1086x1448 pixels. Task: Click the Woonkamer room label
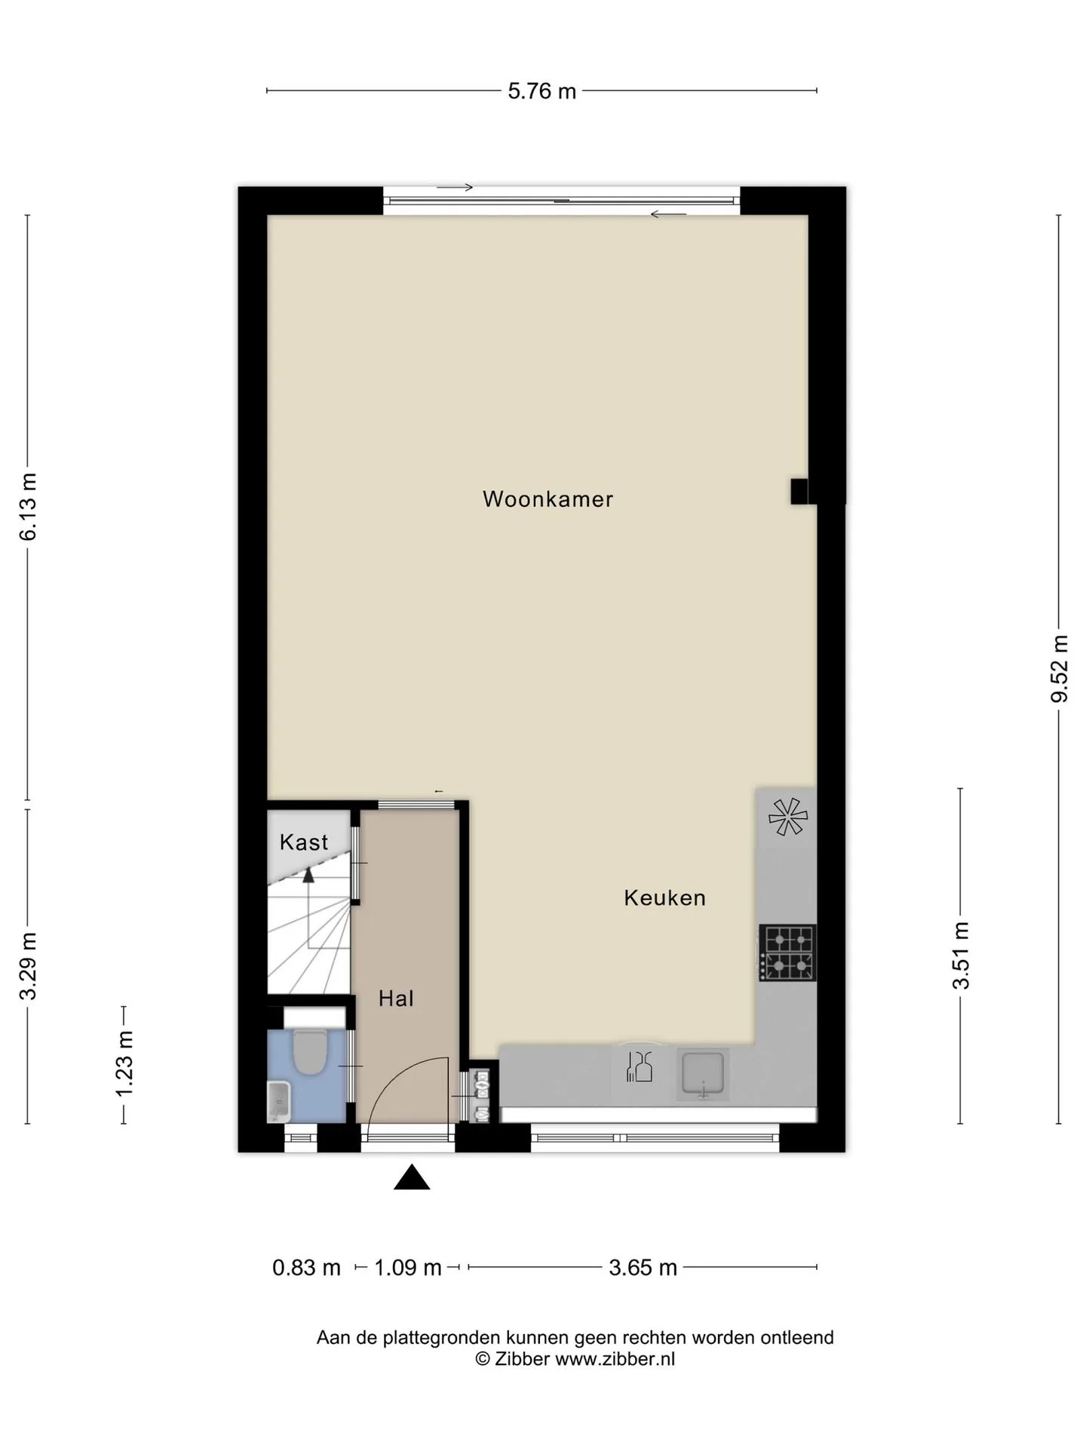click(548, 499)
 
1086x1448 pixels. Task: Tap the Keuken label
click(664, 897)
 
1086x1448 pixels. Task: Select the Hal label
click(396, 999)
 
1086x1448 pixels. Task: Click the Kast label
click(304, 842)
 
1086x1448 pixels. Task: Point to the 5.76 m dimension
click(541, 91)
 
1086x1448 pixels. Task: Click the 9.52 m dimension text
click(1060, 668)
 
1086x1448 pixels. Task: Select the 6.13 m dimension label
click(28, 507)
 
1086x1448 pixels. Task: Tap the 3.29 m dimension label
click(28, 966)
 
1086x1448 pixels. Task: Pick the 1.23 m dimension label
click(124, 1065)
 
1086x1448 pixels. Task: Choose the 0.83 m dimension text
click(306, 1268)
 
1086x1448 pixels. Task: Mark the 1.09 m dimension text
click(407, 1268)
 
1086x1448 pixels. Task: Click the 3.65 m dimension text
click(643, 1268)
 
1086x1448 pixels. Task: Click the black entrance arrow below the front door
click(412, 1177)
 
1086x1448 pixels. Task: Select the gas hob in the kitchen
click(787, 953)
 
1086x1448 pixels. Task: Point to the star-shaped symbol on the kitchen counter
click(787, 816)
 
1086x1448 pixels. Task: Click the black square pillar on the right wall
click(799, 491)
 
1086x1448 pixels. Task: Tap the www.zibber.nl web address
click(615, 1359)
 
